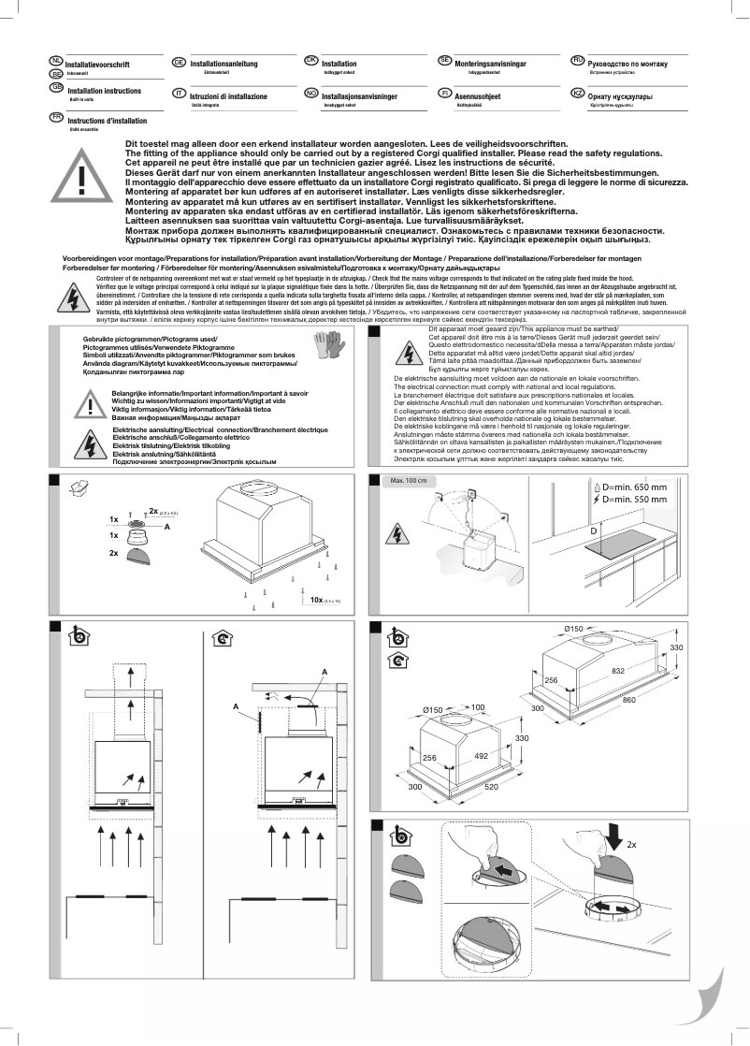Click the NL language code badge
56,60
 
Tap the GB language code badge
56,86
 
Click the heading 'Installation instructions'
105,91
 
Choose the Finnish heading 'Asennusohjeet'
477,96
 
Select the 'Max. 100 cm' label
408,481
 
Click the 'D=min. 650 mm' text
635,487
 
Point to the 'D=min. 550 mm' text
635,501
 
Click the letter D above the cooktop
594,530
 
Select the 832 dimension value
619,671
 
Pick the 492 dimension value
482,755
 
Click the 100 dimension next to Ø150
477,707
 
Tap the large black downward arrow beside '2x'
611,832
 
